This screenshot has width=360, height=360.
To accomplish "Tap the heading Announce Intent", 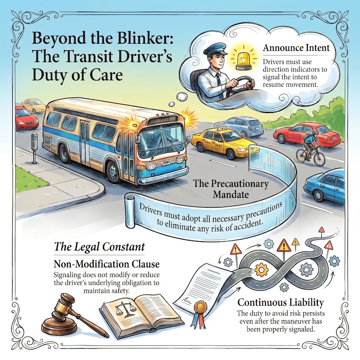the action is pos(296,48).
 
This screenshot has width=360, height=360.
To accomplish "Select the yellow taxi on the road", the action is pos(223,142).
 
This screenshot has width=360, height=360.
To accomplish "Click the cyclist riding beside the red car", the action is pos(310,148).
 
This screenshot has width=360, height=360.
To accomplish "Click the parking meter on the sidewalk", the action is pos(34,148).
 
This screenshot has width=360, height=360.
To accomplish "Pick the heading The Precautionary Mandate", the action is pos(231,189).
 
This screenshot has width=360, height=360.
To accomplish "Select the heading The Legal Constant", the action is pos(99,247).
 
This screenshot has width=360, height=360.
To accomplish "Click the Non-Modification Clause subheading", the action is pos(107,264).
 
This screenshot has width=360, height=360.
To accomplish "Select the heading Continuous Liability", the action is pos(280,302).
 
